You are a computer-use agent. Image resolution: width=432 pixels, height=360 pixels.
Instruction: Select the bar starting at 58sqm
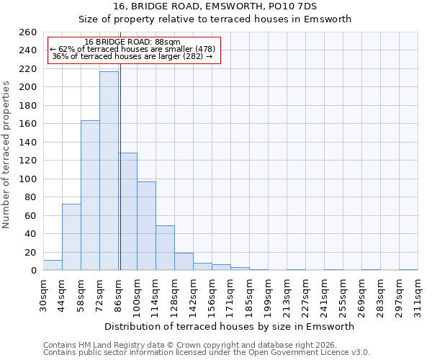tap(90, 195)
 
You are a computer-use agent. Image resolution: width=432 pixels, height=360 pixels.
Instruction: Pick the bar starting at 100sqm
tap(146, 226)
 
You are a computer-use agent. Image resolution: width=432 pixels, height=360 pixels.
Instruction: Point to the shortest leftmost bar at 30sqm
tap(53, 265)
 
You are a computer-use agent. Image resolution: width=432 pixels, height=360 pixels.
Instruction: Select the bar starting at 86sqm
tap(128, 212)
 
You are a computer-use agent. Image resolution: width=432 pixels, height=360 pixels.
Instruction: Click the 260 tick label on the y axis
tap(28, 32)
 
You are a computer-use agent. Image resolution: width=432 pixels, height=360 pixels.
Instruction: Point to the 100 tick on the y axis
tap(28, 179)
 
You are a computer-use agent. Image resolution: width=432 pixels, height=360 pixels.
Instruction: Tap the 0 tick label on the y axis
tap(33, 271)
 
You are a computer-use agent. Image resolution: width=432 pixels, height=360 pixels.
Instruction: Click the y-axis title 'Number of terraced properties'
tap(7, 154)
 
